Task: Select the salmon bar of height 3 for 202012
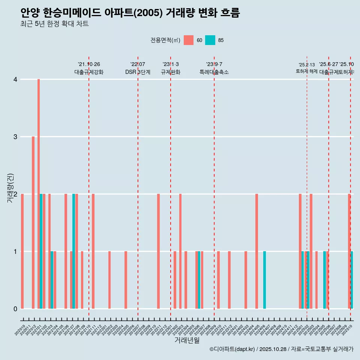pyautogui.click(x=33, y=222)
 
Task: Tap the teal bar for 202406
pyautogui.click(x=264, y=280)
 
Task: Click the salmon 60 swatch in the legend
pyautogui.click(x=189, y=40)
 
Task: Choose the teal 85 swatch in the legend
pyautogui.click(x=210, y=40)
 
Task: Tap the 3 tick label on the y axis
pyautogui.click(x=15, y=136)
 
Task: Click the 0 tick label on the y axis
pyautogui.click(x=15, y=309)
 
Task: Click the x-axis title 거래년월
pyautogui.click(x=187, y=340)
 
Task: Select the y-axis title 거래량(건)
pyautogui.click(x=10, y=188)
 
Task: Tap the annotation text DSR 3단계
pyautogui.click(x=138, y=72)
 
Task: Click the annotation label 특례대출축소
pyautogui.click(x=214, y=72)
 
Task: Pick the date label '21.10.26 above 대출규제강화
pyautogui.click(x=89, y=64)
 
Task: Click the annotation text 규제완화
pyautogui.click(x=171, y=72)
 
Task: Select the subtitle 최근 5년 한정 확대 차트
pyautogui.click(x=55, y=24)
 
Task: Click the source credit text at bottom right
pyautogui.click(x=281, y=349)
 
